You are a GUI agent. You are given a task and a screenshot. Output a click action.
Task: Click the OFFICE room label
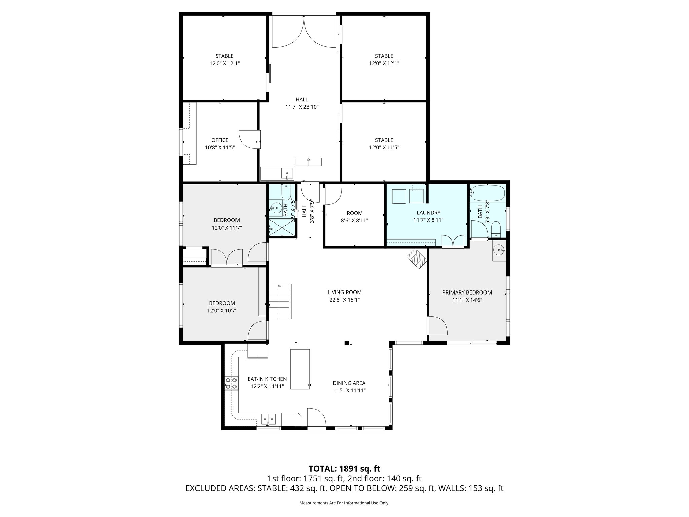point(220,140)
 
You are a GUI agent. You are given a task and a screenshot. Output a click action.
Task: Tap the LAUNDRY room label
point(428,213)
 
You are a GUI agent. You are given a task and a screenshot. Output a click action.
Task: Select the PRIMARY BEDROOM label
point(467,292)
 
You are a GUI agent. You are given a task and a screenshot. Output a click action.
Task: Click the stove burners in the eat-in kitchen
point(231,383)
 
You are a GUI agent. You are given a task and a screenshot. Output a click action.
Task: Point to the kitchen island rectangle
point(300,369)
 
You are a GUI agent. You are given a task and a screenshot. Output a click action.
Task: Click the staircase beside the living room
point(280,302)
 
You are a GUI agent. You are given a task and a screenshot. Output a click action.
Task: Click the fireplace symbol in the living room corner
point(417,259)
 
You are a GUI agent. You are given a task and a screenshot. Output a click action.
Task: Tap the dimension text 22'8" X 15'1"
point(344,300)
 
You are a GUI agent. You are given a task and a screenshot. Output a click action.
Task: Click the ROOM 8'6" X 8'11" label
point(354,213)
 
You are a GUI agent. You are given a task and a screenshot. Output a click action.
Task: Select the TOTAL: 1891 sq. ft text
point(344,468)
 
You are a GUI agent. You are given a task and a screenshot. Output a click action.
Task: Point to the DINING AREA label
point(349,383)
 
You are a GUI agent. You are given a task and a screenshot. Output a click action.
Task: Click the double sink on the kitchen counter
point(268,419)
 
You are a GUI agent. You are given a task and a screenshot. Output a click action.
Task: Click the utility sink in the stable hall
point(287,174)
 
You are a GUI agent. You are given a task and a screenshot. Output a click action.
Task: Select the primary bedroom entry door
point(438,326)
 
